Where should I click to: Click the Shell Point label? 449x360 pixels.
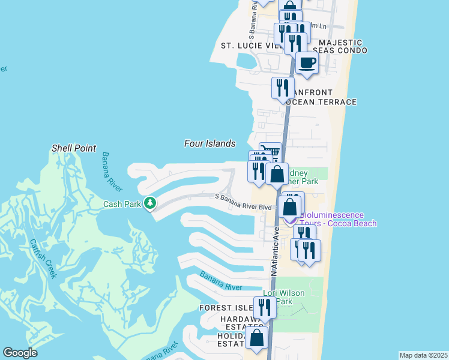[74, 148]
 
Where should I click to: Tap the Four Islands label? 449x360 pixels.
[209, 143]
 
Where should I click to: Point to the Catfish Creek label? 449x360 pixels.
[43, 259]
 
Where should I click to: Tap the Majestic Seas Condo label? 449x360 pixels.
[340, 46]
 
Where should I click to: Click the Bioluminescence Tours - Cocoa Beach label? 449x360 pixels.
[338, 219]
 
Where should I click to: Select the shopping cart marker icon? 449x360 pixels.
[270, 152]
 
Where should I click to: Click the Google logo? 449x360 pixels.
[20, 353]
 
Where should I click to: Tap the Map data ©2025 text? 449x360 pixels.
[423, 355]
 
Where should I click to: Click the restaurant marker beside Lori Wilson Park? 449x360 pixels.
[264, 307]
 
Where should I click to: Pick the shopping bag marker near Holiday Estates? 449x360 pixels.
[257, 337]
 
